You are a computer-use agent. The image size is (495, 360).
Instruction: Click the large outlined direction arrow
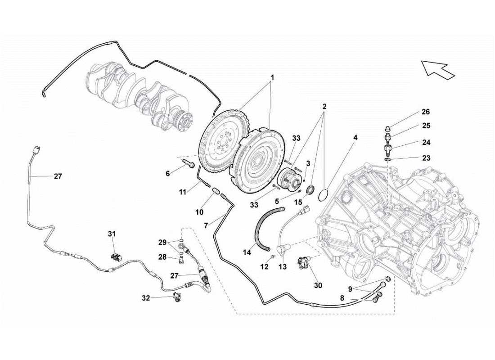tap(437, 69)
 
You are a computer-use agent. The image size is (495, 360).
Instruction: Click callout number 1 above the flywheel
tap(272, 77)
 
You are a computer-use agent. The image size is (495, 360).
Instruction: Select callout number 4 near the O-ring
tap(355, 137)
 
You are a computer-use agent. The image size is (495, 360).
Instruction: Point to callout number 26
tap(426, 112)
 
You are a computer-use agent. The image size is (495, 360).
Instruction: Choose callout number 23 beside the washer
tap(426, 158)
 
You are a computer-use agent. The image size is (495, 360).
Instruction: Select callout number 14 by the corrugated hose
tap(247, 253)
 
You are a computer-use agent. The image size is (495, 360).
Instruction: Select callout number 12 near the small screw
tap(264, 267)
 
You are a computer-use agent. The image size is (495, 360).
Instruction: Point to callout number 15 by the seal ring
tap(297, 203)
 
